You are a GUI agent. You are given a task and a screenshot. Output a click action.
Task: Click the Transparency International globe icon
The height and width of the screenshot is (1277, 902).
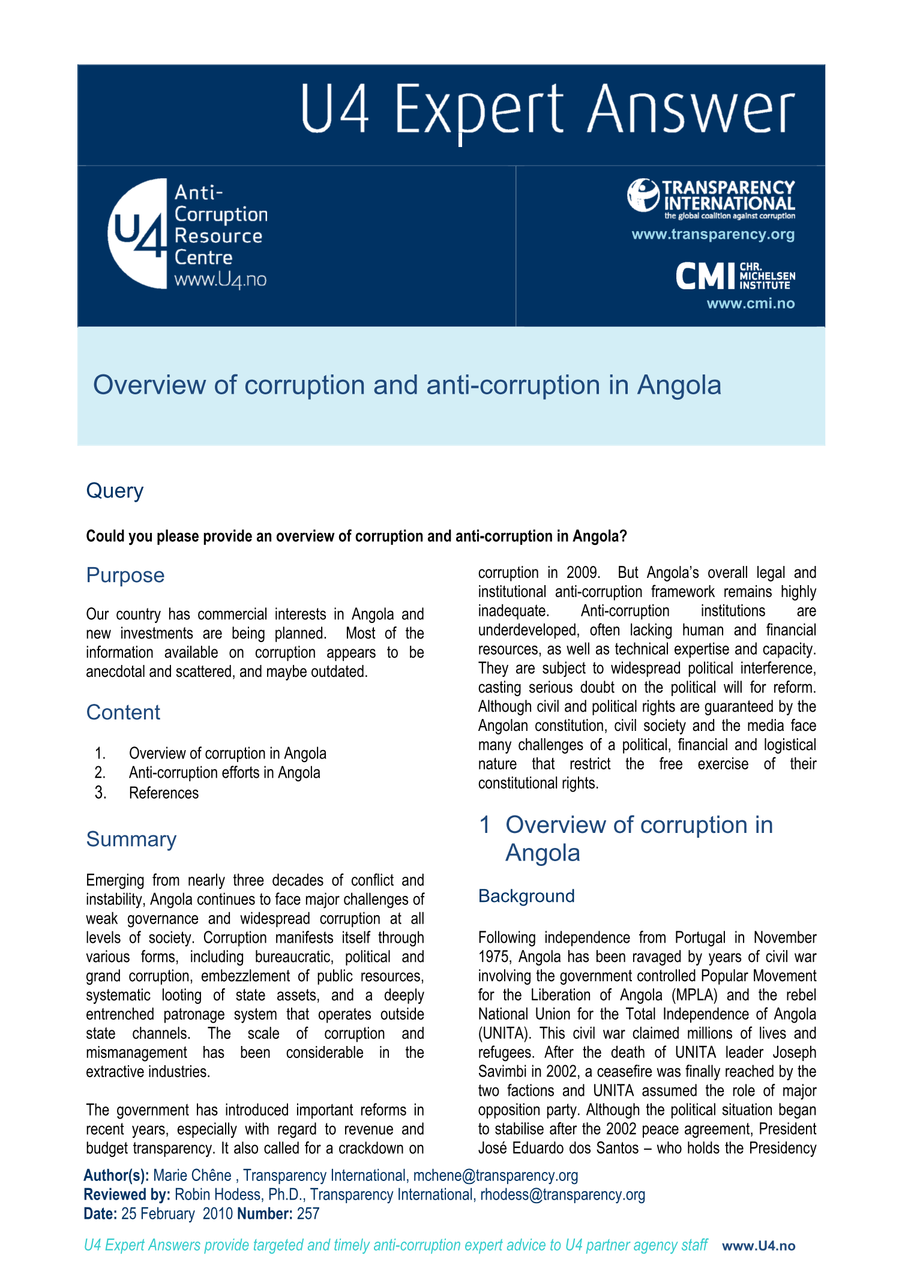[643, 195]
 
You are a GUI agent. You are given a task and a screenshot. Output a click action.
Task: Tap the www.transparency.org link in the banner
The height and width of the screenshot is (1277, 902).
[713, 235]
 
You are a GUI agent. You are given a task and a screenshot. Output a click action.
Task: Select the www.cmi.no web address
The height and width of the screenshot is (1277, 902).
[750, 304]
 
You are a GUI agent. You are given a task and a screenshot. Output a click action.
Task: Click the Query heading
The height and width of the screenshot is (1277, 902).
[115, 491]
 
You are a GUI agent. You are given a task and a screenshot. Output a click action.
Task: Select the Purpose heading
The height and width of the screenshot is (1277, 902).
[125, 575]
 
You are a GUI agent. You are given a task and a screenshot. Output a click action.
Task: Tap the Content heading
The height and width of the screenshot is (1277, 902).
[123, 712]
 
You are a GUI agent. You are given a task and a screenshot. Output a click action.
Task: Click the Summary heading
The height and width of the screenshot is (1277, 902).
[131, 839]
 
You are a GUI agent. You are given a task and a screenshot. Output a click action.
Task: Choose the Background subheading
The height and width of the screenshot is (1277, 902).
[526, 896]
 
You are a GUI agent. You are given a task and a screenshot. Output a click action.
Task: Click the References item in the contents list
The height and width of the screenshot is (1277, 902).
[163, 793]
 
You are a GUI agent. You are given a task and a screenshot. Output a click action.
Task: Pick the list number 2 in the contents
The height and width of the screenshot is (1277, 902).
[100, 773]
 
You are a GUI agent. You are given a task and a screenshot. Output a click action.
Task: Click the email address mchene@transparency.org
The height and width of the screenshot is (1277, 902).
[495, 1176]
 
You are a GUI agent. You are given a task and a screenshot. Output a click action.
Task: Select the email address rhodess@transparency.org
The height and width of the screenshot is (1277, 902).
[562, 1195]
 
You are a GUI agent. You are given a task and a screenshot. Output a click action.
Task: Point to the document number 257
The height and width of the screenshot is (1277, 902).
[308, 1214]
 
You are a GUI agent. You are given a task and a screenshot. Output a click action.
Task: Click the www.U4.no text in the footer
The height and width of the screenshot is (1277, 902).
[759, 1246]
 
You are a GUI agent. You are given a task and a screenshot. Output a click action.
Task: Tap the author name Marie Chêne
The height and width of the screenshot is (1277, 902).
[192, 1176]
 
